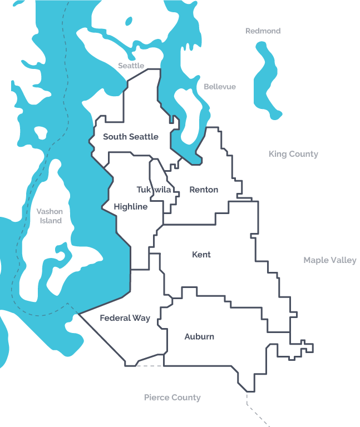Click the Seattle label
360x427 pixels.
click(x=131, y=66)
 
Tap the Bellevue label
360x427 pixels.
click(x=219, y=87)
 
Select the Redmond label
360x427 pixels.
click(x=263, y=31)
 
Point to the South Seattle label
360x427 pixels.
click(x=131, y=137)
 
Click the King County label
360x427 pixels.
click(x=293, y=154)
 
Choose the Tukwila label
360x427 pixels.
click(x=154, y=190)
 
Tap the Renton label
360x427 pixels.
click(x=204, y=190)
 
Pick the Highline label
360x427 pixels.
click(x=131, y=207)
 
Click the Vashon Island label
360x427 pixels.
click(x=50, y=216)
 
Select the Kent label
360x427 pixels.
click(x=201, y=255)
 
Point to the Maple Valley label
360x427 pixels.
click(x=330, y=260)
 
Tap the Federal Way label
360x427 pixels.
click(x=125, y=318)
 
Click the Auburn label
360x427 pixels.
click(x=199, y=336)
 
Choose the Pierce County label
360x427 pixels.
click(x=172, y=398)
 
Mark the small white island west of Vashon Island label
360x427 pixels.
click(x=41, y=133)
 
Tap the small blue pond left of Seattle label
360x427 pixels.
click(x=129, y=21)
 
